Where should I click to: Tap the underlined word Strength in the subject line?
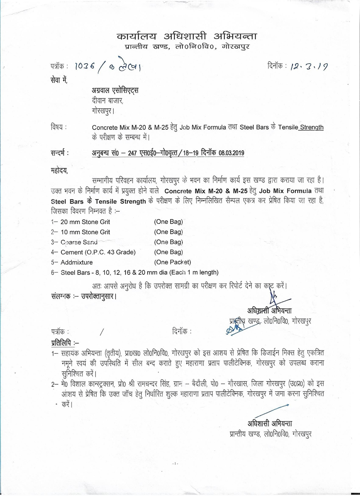pos(311,128)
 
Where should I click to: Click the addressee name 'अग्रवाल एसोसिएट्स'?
pos(114,91)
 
